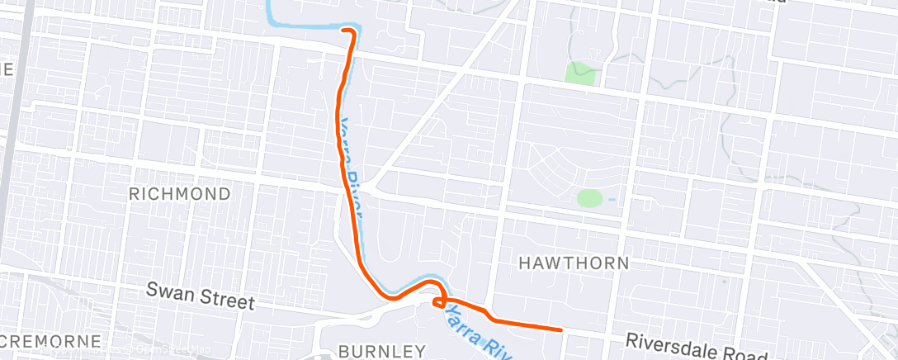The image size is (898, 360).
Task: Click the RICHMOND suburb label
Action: [179, 193]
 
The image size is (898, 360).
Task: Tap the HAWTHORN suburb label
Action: [574, 263]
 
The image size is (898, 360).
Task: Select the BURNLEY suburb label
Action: [381, 350]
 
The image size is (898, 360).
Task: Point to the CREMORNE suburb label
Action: [51, 341]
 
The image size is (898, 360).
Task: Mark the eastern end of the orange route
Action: [560, 329]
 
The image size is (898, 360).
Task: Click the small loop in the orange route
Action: [439, 301]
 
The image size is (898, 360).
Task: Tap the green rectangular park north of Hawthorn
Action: [580, 73]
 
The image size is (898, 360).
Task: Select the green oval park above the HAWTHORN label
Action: [589, 198]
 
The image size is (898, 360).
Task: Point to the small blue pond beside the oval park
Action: [611, 199]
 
